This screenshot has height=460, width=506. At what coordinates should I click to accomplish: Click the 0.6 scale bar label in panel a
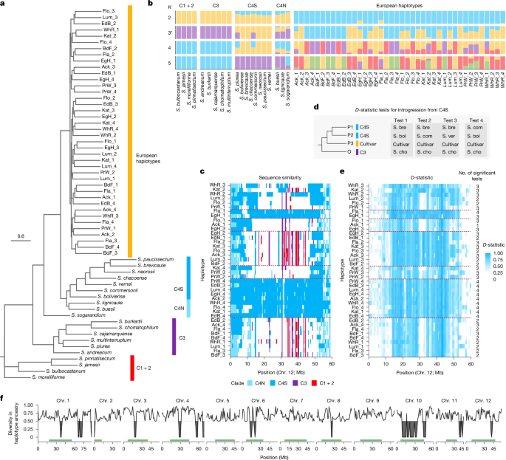pyautogui.click(x=22, y=236)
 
